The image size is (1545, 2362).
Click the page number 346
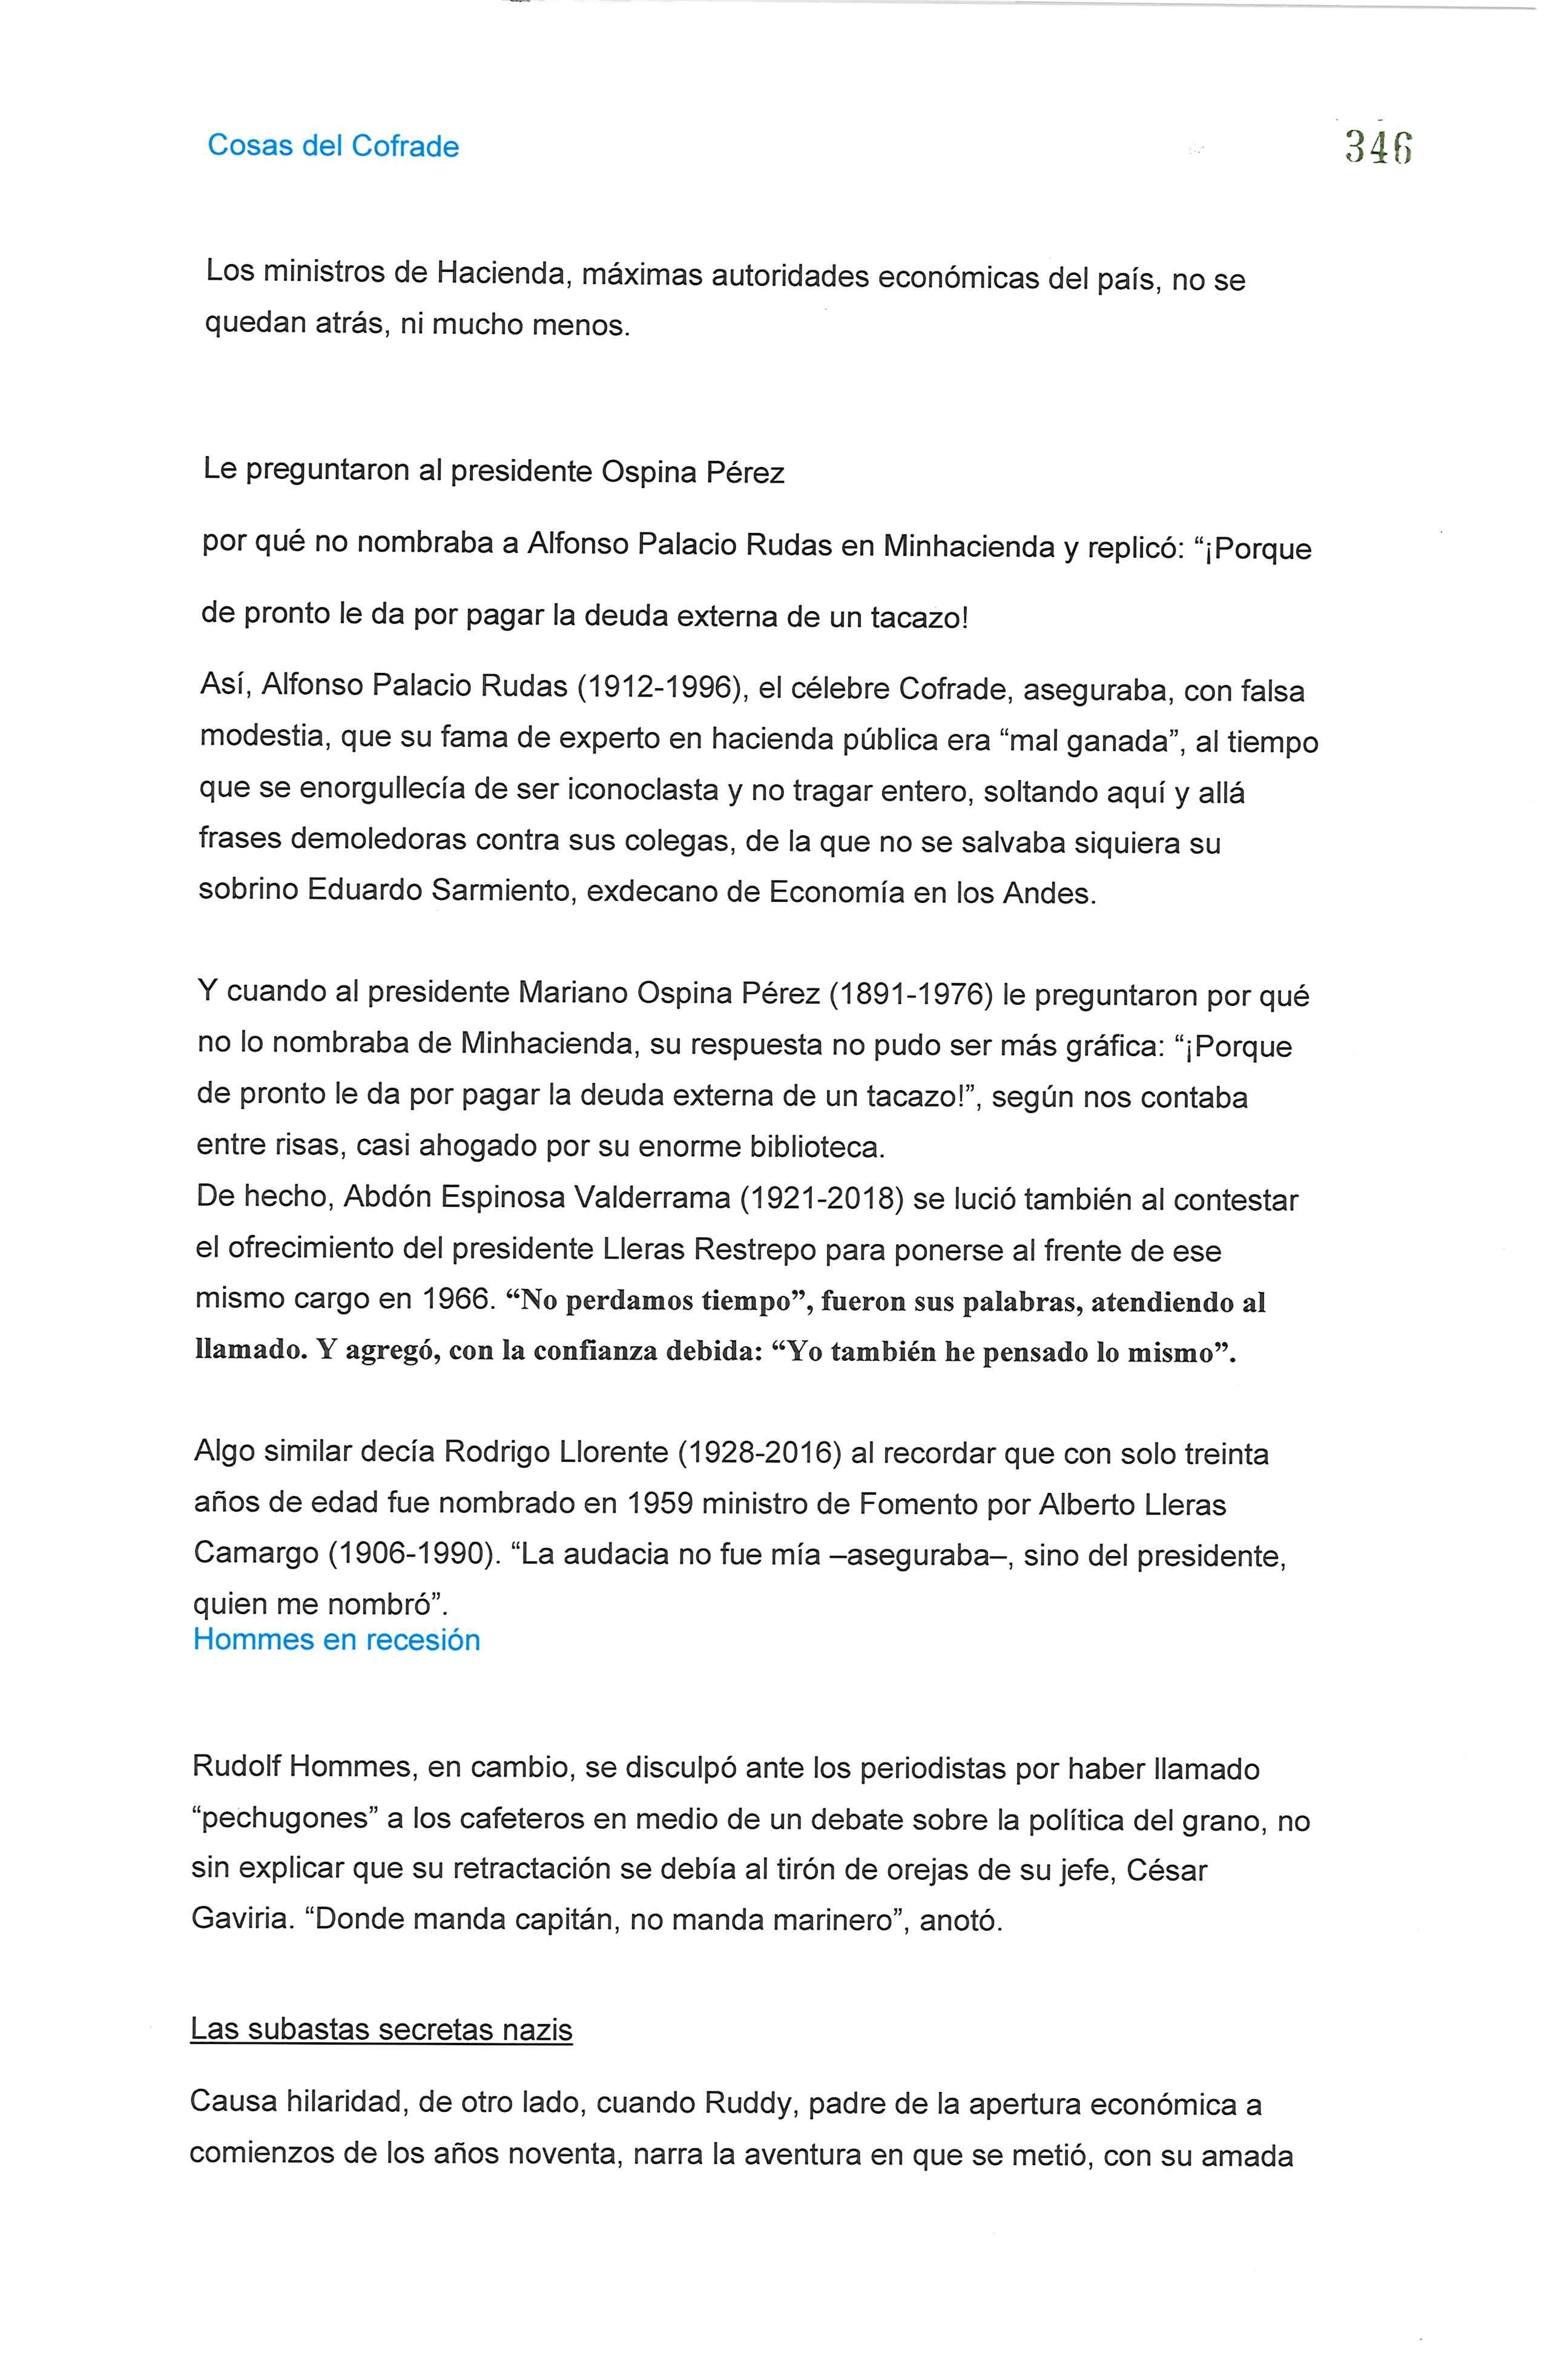click(1379, 147)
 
